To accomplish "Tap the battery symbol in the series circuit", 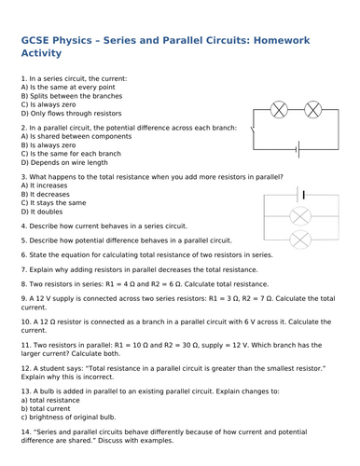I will coord(297,146).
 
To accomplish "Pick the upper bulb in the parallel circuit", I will coord(301,217).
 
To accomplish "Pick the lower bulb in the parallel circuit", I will coord(301,240).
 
